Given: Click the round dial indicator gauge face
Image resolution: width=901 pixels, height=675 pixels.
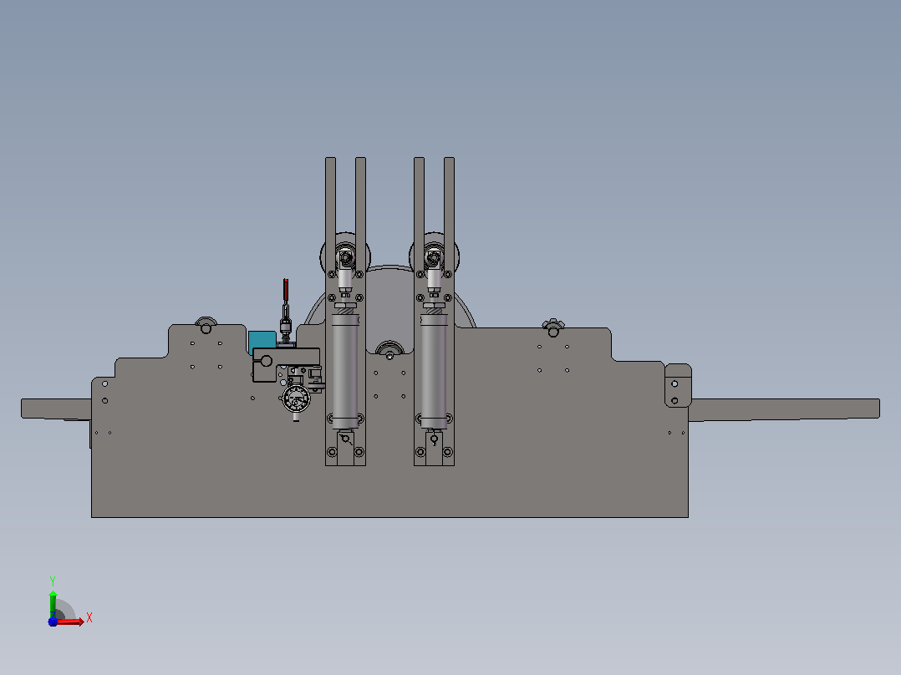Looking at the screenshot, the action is [297, 398].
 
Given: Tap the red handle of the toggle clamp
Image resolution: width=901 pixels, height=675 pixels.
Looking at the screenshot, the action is [286, 290].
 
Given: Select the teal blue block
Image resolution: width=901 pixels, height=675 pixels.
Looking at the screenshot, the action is [262, 341].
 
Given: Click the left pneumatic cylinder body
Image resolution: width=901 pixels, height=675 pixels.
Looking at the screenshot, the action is [344, 372].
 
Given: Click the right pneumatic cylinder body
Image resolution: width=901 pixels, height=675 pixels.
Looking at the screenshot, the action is [434, 372].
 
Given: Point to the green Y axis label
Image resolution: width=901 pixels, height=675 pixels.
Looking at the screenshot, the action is [53, 581].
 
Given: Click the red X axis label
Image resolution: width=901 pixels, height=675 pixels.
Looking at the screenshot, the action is [89, 618].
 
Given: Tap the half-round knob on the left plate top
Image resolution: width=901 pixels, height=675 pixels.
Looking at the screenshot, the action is [206, 325].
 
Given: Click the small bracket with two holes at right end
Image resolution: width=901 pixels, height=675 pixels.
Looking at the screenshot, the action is [678, 385].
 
